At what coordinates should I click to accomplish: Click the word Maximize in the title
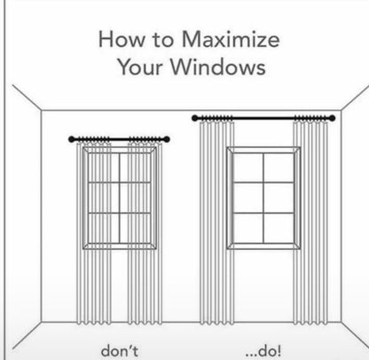228,40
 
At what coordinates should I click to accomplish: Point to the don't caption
119,351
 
